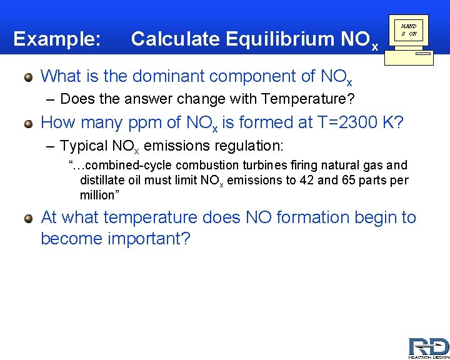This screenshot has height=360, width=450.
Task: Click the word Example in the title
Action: (x=56, y=39)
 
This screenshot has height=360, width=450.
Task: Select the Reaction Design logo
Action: (x=428, y=347)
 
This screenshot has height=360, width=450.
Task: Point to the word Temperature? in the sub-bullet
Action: (x=312, y=99)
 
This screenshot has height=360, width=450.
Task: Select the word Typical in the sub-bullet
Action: (x=84, y=146)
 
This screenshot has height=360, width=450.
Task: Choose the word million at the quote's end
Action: (x=97, y=195)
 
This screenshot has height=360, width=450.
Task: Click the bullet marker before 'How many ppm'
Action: (x=28, y=123)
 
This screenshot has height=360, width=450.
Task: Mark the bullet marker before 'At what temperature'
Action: (x=28, y=218)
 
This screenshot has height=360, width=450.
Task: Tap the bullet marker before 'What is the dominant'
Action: (x=28, y=77)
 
